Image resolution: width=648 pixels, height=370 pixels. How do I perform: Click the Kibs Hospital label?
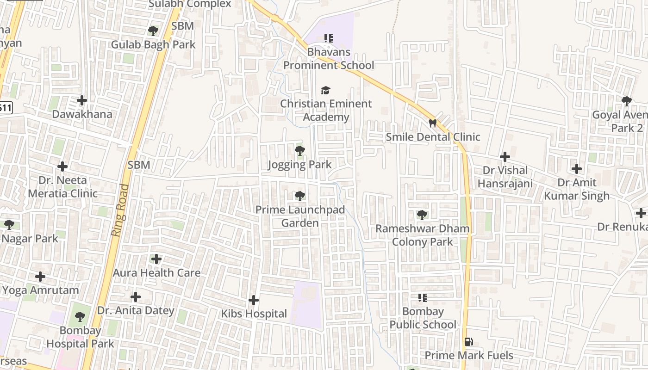[x=254, y=314]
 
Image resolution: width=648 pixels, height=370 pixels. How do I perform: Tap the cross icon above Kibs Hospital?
[x=254, y=300]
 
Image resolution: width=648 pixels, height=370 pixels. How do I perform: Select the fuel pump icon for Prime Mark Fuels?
[x=468, y=342]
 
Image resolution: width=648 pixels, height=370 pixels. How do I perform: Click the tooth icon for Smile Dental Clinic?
[x=433, y=123]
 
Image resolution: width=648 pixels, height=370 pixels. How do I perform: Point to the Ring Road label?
[x=119, y=210]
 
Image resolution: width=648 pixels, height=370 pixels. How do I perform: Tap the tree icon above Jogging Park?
[x=300, y=150]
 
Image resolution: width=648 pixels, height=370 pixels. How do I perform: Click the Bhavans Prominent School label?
[x=328, y=59]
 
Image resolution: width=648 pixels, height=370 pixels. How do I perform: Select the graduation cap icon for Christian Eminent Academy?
[x=326, y=90]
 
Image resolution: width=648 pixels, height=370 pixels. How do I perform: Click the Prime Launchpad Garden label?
[x=300, y=216]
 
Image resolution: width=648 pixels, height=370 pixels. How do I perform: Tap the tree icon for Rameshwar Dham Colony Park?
[x=422, y=215]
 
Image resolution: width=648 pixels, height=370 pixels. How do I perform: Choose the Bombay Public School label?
[x=423, y=318]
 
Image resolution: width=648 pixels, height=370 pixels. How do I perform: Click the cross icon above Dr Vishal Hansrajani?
[x=505, y=156]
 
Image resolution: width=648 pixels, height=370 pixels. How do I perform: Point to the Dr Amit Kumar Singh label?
[x=576, y=189]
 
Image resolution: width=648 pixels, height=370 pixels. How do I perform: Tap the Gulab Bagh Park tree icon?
[x=153, y=31]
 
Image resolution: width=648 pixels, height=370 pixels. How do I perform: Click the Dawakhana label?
[x=82, y=114]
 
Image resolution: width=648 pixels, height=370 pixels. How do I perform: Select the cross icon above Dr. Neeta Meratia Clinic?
[x=62, y=166]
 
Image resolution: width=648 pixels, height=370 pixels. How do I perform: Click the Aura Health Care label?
[x=156, y=272]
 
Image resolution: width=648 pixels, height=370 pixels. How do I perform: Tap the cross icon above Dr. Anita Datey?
[x=135, y=296]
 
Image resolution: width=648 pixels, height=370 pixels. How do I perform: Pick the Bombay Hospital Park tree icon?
[x=80, y=317]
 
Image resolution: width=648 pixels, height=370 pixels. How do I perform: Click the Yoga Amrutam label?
[x=40, y=290]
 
